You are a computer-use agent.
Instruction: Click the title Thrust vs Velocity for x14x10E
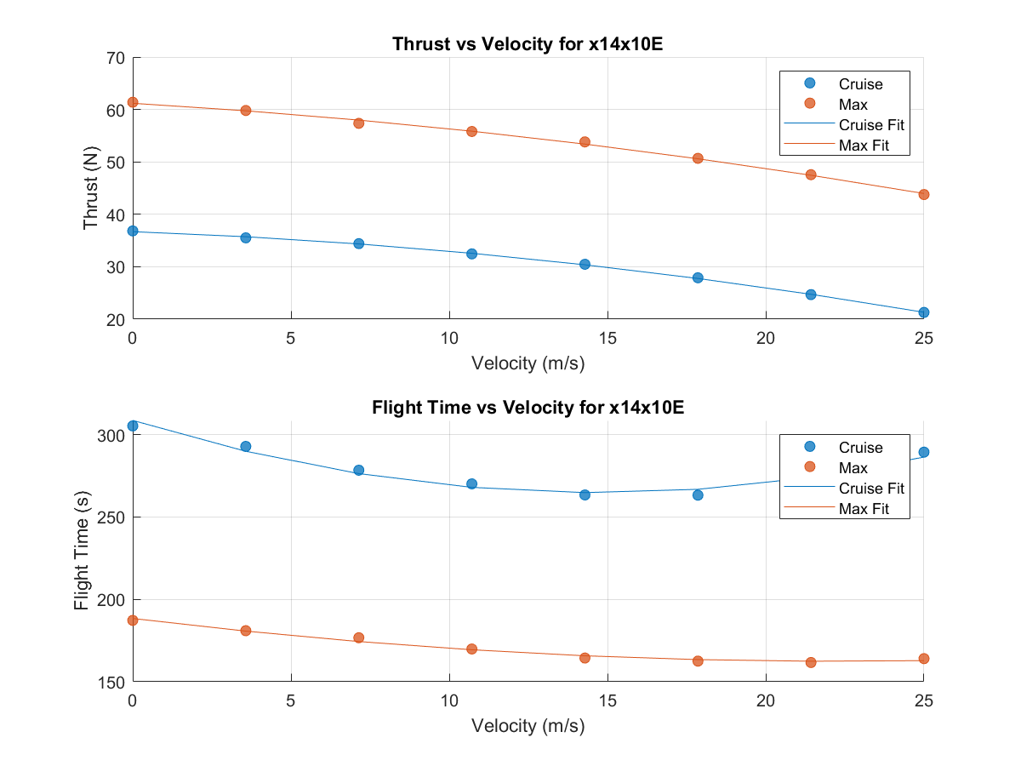(x=528, y=45)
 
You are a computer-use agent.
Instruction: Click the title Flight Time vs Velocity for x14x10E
(x=528, y=408)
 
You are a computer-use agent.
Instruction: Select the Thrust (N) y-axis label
(x=91, y=189)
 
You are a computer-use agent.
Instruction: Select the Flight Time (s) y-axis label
(x=83, y=552)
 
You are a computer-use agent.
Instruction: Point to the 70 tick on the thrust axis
(x=115, y=58)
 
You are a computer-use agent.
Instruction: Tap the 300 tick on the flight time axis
(x=111, y=436)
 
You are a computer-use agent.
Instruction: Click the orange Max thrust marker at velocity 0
(x=133, y=102)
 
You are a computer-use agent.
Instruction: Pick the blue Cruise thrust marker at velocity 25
(x=924, y=312)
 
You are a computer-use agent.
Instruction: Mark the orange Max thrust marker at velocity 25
(x=924, y=194)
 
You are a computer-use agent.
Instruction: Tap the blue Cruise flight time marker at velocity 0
(x=133, y=426)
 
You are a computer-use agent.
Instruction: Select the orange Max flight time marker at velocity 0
(x=133, y=620)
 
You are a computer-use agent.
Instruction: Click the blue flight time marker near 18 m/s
(x=698, y=494)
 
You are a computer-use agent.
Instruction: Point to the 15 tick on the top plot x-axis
(x=607, y=338)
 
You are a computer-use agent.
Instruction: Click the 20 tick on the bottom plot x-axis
(x=766, y=700)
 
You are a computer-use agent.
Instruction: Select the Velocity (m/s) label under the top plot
(x=528, y=363)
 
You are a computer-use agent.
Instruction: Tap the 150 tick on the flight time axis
(x=111, y=683)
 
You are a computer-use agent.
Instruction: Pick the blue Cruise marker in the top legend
(x=809, y=83)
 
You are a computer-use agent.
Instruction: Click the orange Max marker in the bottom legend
(x=809, y=467)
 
